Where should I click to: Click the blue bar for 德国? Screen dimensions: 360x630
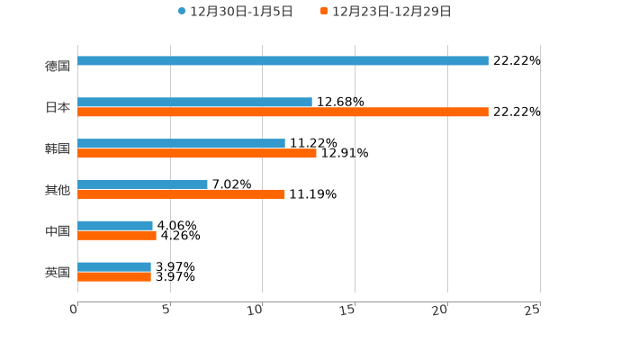coord(283,61)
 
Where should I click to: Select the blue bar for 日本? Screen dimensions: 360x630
coord(194,103)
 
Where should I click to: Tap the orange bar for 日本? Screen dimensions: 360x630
coord(283,112)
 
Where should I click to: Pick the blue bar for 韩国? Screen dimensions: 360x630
coord(181,144)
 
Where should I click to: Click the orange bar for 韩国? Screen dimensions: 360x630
coord(197,154)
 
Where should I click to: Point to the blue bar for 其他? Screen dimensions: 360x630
coord(142,184)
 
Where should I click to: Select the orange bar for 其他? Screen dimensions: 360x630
coord(181,194)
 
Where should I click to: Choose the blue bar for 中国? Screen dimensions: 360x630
coord(115,226)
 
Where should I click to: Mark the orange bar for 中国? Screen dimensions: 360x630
coord(117,236)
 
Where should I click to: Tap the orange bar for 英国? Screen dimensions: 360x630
coord(114,277)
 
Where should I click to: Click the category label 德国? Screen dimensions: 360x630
coord(58,66)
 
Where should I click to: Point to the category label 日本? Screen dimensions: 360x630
coord(58,107)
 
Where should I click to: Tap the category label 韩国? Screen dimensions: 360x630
coord(58,148)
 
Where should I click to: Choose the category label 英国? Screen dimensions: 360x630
coord(58,272)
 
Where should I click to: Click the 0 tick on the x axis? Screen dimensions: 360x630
coord(75,310)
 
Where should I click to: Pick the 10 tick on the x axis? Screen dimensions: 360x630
coord(256,310)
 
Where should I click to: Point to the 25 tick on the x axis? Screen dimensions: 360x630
coord(533,310)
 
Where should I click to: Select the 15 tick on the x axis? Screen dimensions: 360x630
coord(349,310)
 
